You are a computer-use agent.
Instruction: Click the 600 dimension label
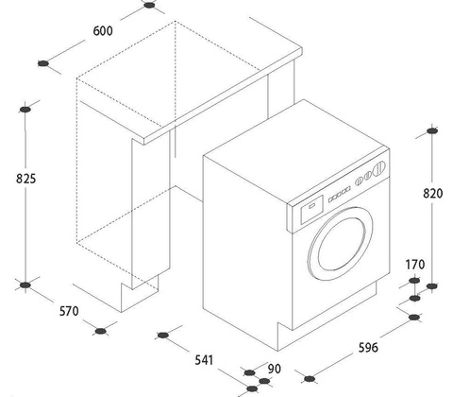pos(103,31)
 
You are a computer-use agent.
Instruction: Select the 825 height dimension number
pos(25,179)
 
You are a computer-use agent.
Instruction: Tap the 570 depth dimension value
pos(69,311)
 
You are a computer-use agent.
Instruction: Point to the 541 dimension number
pos(204,360)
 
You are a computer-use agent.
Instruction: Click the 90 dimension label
pos(275,369)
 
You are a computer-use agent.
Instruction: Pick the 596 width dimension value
pos(368,348)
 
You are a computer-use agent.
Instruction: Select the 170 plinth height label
pos(415,265)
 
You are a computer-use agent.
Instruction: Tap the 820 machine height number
pos(433,193)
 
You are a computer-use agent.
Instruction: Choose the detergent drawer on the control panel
pos(312,209)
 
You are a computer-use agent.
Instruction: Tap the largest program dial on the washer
pos(378,168)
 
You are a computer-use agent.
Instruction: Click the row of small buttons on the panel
pos(340,195)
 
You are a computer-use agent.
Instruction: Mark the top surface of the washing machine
pos(296,151)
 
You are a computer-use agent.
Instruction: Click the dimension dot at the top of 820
pos(432,130)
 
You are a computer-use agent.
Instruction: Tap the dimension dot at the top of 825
pos(25,110)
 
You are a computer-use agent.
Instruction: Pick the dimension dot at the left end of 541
pos(162,335)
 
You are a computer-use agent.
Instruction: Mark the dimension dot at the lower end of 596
pos(310,378)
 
